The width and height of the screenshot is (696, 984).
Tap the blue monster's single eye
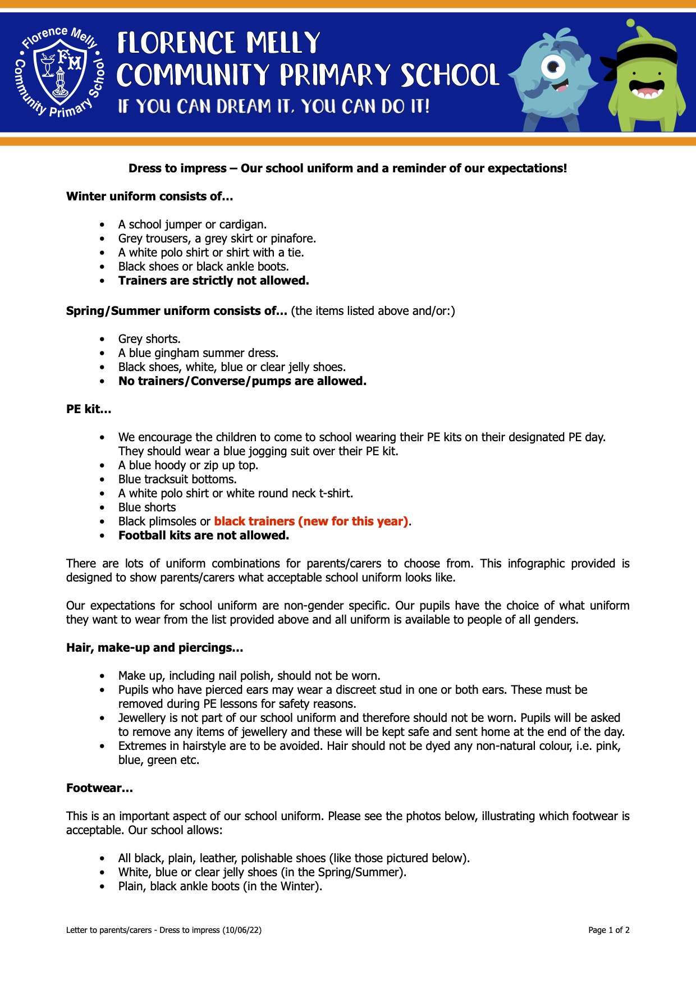[x=555, y=67]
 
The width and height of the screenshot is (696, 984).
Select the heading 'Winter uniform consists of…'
[x=149, y=196]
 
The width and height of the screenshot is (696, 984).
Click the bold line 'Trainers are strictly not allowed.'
[x=213, y=281]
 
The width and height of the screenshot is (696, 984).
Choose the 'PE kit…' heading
[x=89, y=409]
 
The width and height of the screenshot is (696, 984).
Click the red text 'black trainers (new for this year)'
[x=311, y=521]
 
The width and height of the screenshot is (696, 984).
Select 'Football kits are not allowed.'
[x=203, y=536]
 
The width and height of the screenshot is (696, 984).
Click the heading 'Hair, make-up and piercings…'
[x=154, y=648]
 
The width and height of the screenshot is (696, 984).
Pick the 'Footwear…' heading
[x=99, y=788]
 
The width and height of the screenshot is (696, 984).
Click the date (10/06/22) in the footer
[x=242, y=930]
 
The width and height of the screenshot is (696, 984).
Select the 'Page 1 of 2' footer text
[x=608, y=930]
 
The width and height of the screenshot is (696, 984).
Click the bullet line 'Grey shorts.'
[x=149, y=339]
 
